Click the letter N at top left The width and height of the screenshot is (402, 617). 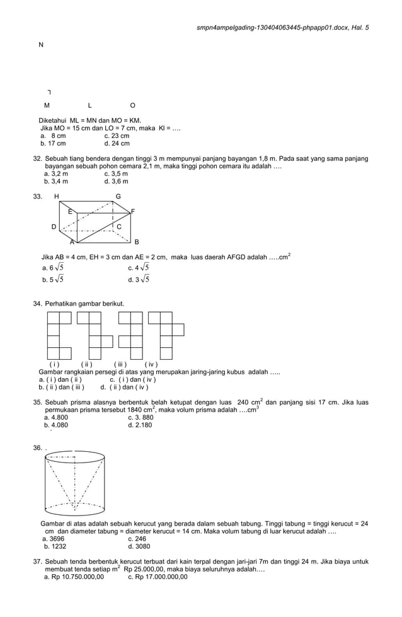(x=41, y=45)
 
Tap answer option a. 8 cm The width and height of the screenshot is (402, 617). (x=54, y=136)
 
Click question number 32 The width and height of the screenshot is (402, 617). (x=37, y=158)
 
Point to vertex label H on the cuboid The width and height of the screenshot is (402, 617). (x=57, y=197)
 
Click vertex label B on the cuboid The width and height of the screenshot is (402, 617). (x=137, y=242)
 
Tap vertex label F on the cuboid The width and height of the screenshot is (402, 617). (x=132, y=211)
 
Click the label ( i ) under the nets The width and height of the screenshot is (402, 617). (x=55, y=364)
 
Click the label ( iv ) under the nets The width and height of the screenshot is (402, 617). (x=151, y=364)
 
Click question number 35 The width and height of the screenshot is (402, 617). (x=37, y=402)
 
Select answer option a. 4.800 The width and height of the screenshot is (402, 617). (x=56, y=417)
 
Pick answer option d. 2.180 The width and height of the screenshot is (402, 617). (x=140, y=425)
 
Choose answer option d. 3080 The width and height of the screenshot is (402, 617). (x=139, y=546)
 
